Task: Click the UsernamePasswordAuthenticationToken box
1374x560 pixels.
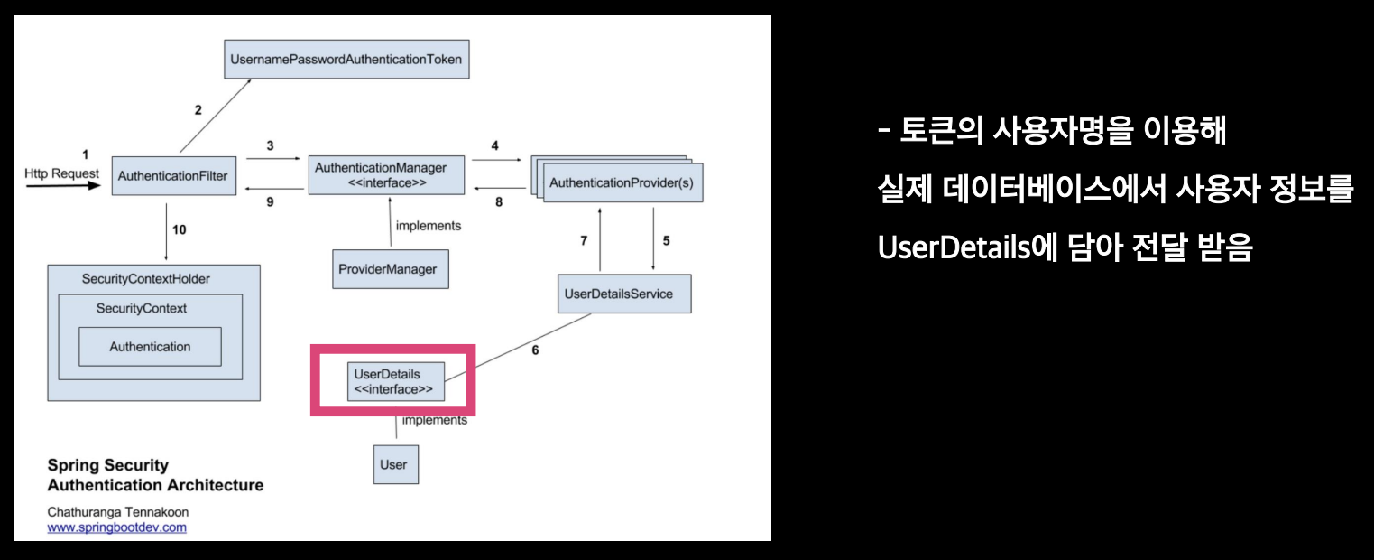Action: point(346,61)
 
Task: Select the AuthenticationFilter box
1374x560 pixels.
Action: point(172,176)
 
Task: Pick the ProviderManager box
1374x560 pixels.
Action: point(390,269)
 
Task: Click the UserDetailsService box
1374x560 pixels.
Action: point(623,294)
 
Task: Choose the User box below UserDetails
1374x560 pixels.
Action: point(395,464)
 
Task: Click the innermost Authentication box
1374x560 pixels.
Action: point(150,347)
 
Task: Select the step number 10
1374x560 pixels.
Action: point(180,229)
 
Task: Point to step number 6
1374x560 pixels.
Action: point(535,350)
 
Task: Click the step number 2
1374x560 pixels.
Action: point(198,110)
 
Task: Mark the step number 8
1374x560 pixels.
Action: point(499,202)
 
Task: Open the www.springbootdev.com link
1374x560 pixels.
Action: point(116,527)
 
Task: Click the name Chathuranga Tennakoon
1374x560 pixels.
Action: point(118,512)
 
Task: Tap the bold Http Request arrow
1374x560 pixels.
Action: point(63,187)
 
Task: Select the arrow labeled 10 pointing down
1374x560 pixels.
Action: point(167,233)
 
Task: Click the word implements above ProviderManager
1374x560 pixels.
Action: point(429,226)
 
